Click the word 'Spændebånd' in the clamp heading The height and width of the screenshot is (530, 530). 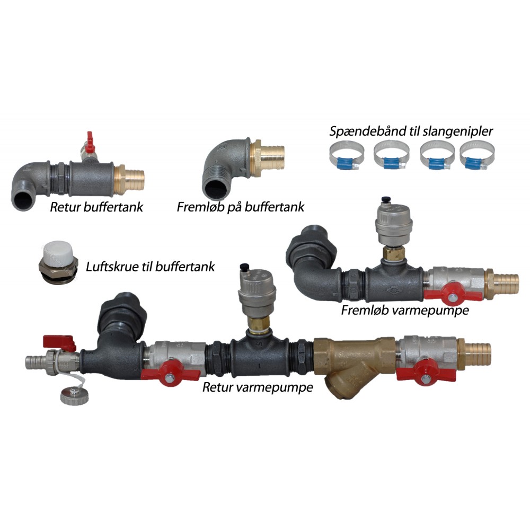pos(367,131)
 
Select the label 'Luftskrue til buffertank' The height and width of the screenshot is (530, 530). pos(150,267)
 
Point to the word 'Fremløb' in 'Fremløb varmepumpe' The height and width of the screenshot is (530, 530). pos(365,310)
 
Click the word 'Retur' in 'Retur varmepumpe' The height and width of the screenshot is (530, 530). pos(218,387)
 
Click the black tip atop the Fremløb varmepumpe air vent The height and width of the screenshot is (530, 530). pos(384,200)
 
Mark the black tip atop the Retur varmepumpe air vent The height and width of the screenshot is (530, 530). pos(244,268)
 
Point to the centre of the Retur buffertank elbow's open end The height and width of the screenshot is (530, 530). pos(23,200)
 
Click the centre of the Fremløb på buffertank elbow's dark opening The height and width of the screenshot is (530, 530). pos(217,187)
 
